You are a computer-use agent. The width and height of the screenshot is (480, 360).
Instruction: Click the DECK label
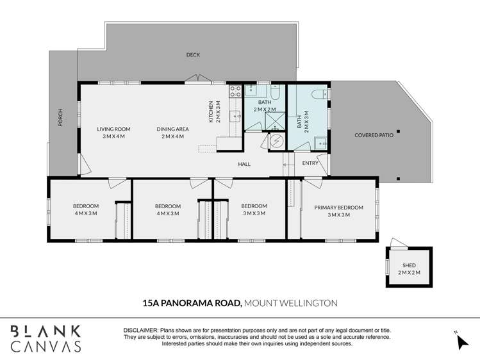click(x=193, y=55)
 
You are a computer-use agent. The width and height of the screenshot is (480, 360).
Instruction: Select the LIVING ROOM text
click(x=113, y=129)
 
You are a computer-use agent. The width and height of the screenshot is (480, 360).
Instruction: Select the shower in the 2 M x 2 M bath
click(x=274, y=120)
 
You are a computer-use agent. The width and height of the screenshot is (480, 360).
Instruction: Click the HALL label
click(x=244, y=164)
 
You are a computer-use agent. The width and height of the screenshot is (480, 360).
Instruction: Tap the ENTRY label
click(x=310, y=164)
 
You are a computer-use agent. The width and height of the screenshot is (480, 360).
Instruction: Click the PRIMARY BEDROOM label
click(x=338, y=208)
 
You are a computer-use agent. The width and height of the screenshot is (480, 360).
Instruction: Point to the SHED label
click(x=409, y=265)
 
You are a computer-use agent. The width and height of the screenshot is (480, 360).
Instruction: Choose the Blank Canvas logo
click(x=46, y=338)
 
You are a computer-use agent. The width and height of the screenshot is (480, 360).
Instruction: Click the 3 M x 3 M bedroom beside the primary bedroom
click(x=254, y=209)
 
